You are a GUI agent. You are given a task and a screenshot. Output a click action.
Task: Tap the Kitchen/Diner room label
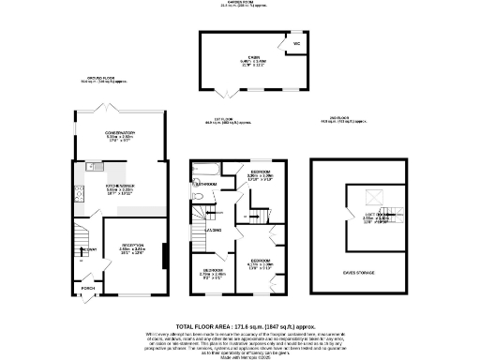pyautogui.click(x=119, y=185)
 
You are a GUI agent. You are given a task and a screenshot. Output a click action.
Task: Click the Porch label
pyautogui.click(x=87, y=287)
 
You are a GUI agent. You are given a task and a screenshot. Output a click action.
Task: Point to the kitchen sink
pyautogui.click(x=95, y=167)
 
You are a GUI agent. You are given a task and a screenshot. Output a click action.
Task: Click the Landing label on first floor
pyautogui.click(x=214, y=229)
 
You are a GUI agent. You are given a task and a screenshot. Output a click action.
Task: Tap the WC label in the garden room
pyautogui.click(x=295, y=43)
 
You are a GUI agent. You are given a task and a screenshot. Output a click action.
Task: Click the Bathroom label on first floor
pyautogui.click(x=206, y=185)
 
